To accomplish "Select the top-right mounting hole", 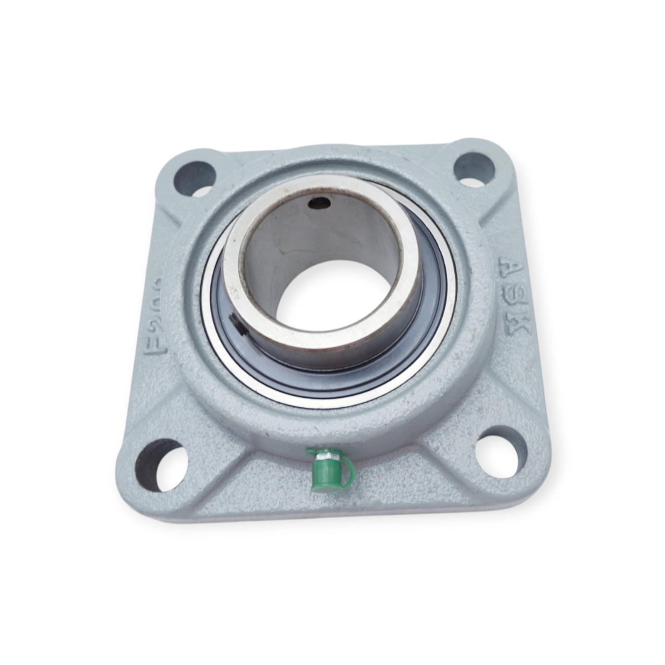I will click(474, 167).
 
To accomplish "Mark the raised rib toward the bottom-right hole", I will click(449, 420).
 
